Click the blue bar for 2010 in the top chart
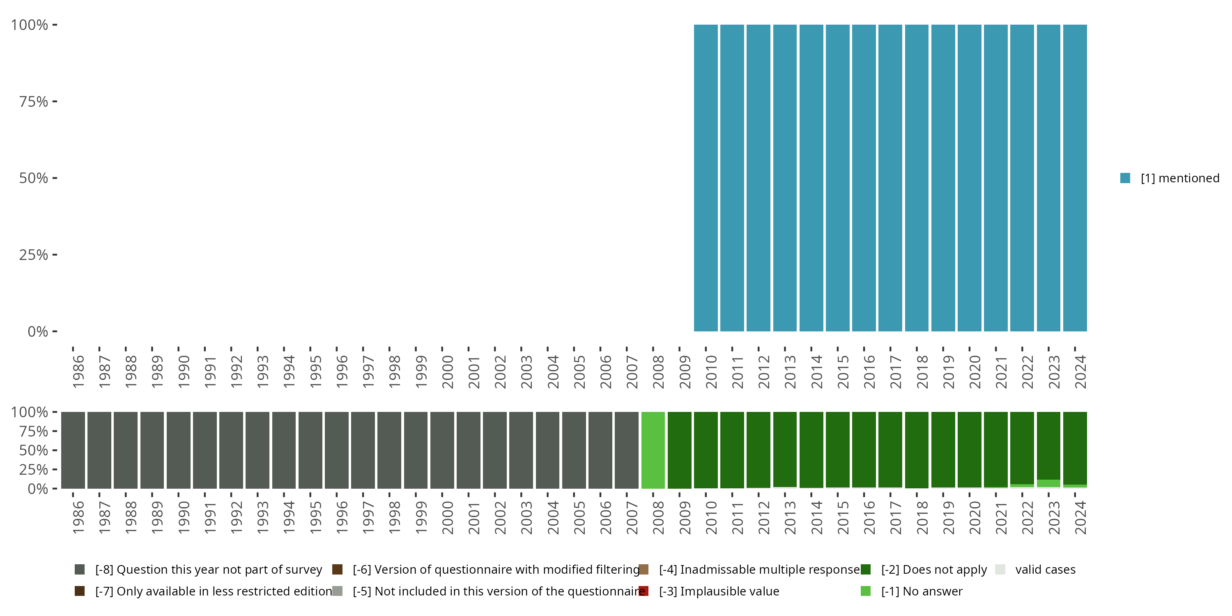(x=706, y=178)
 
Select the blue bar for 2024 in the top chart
(x=1075, y=178)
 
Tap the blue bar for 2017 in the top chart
(x=890, y=178)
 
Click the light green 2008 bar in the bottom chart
(x=653, y=450)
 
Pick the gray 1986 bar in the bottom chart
(x=73, y=450)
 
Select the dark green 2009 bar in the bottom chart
(x=679, y=450)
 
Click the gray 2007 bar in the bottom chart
(x=627, y=450)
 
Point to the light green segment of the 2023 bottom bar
(x=1048, y=483)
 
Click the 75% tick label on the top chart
(x=34, y=101)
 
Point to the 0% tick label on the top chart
(x=38, y=331)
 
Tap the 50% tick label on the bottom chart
(x=34, y=451)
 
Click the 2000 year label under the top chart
(x=448, y=372)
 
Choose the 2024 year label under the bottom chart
(x=1080, y=517)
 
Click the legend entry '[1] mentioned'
(x=1179, y=178)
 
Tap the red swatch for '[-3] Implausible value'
(x=644, y=591)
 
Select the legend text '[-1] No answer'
(x=922, y=591)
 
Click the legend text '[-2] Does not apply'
(x=933, y=570)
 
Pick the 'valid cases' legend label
(x=1045, y=570)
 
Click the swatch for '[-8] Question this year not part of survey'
(x=80, y=570)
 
